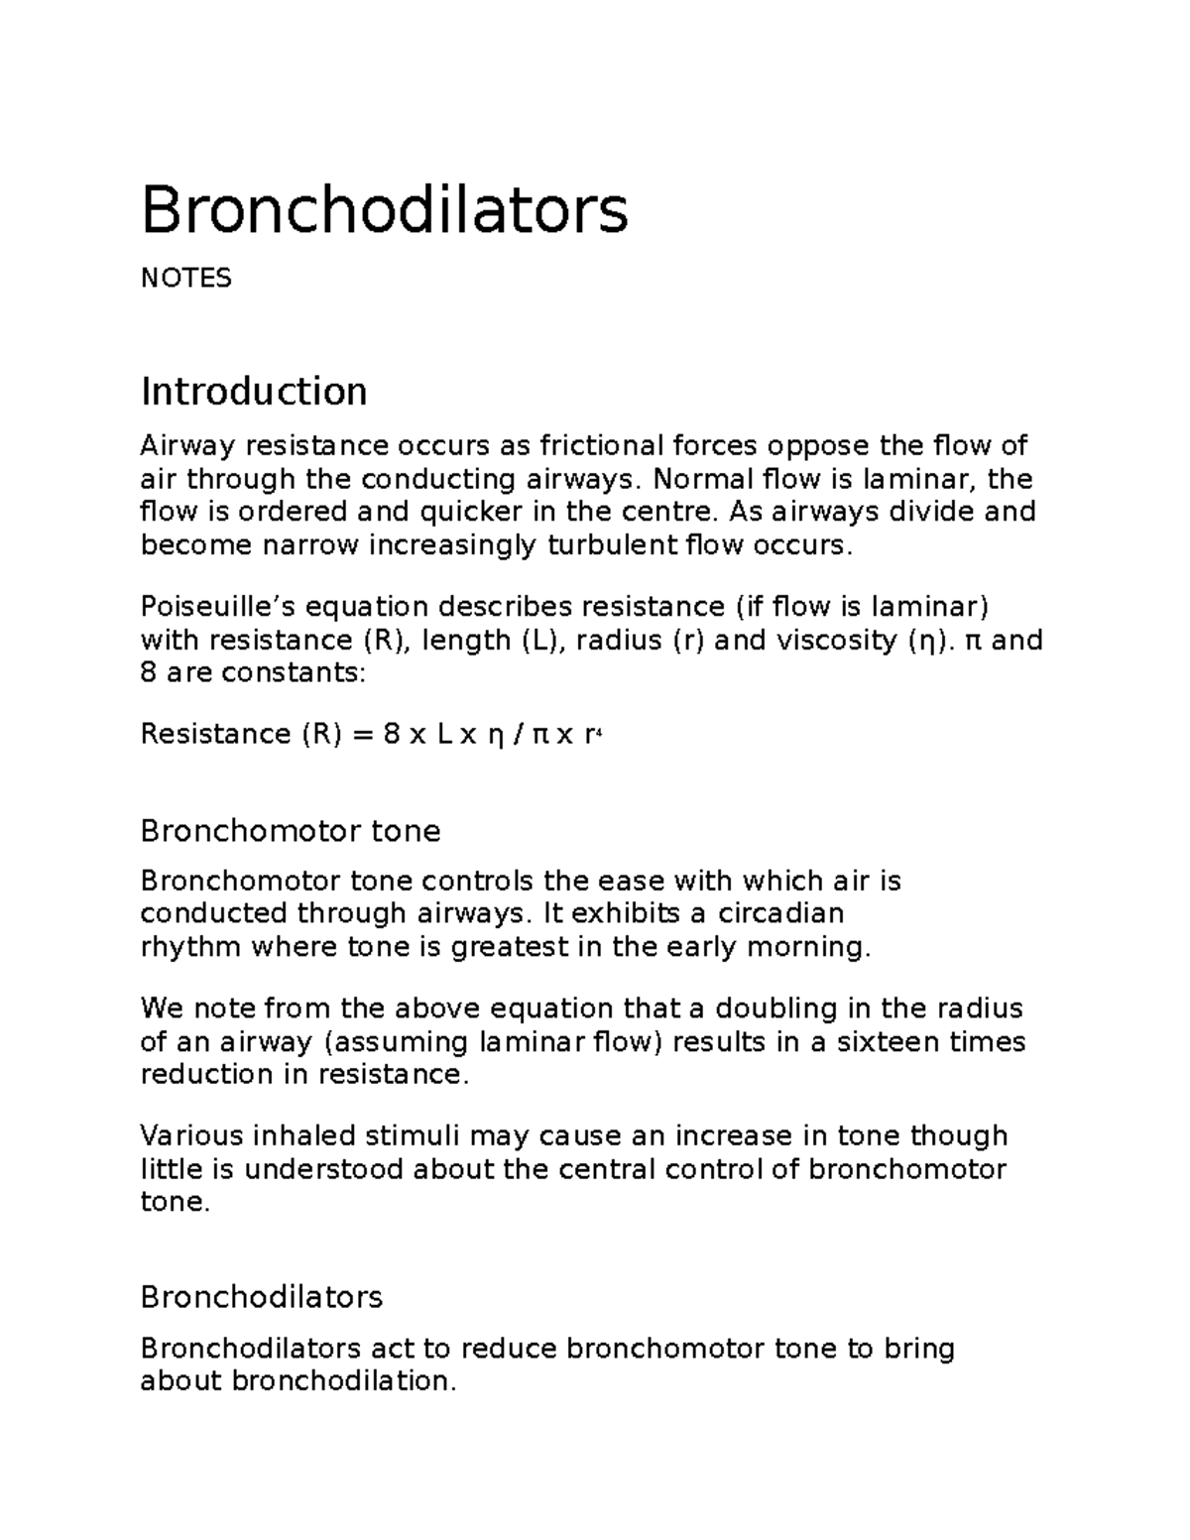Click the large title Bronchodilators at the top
pos(384,210)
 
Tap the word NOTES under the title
pos(185,279)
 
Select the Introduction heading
pos(254,392)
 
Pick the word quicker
pos(475,513)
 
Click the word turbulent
pos(613,545)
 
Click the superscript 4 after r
pos(599,732)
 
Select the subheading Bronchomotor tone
pos(291,830)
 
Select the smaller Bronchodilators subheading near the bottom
pos(262,1297)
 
